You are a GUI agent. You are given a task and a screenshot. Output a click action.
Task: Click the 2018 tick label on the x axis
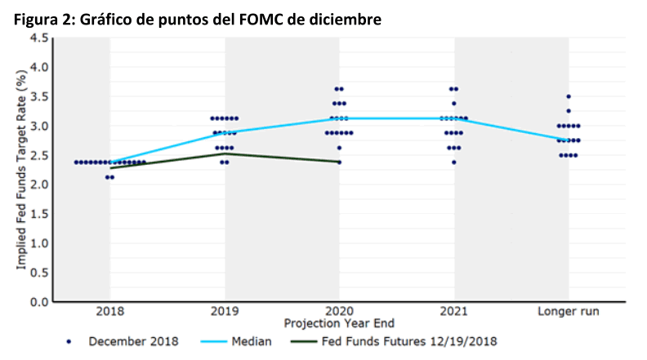click(109, 311)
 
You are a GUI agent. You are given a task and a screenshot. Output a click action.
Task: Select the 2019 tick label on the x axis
click(225, 311)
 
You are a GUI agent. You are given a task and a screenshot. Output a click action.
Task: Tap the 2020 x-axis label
click(339, 311)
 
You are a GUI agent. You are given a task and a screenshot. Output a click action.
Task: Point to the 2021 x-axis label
click(454, 311)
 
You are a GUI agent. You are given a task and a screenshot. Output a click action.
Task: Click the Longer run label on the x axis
click(568, 311)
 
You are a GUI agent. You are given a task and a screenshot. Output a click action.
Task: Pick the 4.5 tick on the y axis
click(39, 38)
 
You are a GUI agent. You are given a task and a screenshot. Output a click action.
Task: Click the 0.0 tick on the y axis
click(39, 302)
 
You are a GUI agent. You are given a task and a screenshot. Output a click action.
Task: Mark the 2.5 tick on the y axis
click(39, 155)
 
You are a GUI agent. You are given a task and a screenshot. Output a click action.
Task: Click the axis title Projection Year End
click(338, 324)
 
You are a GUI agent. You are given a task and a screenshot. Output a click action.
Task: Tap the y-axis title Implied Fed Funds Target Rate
click(21, 171)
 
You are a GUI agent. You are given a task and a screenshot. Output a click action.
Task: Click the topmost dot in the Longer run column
click(569, 96)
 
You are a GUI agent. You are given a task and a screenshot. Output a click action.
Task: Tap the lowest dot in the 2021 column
click(454, 162)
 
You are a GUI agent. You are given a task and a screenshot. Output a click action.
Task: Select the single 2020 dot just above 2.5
click(340, 148)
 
